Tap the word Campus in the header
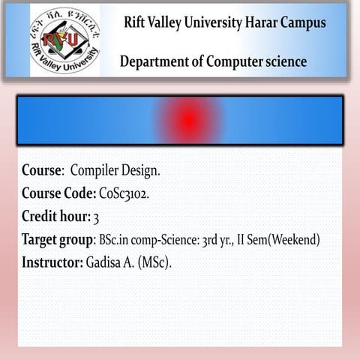pyautogui.click(x=304, y=22)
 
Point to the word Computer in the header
pyautogui.click(x=234, y=61)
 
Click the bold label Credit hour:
pyautogui.click(x=55, y=217)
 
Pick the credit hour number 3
pyautogui.click(x=96, y=217)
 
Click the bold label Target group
pyautogui.click(x=56, y=240)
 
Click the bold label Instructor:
pyautogui.click(x=52, y=263)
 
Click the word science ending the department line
pyautogui.click(x=286, y=61)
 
